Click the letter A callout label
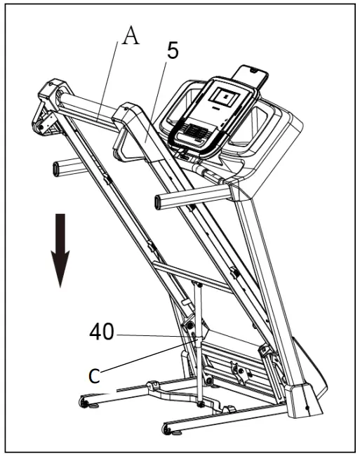131,36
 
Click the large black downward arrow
62,249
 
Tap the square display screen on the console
226,98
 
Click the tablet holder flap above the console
251,76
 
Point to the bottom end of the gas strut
201,403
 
